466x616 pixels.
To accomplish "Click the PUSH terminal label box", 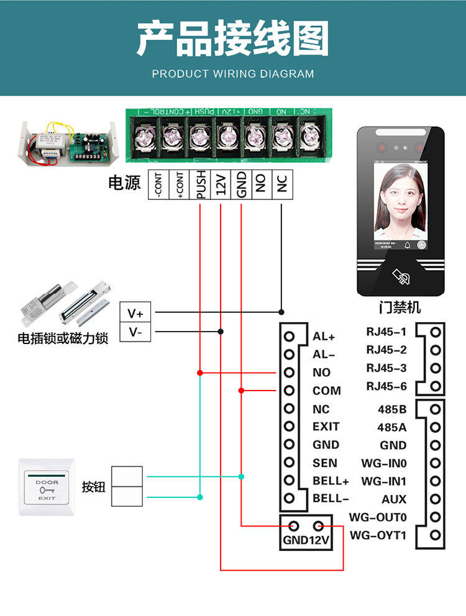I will point(200,184).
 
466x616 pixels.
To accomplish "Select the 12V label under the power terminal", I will point(221,184).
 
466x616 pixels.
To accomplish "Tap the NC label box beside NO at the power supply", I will point(282,184).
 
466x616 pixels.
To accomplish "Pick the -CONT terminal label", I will point(158,184).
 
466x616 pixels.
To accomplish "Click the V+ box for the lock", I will point(135,312).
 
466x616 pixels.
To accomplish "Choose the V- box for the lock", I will point(135,332).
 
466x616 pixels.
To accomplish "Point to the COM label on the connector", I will point(326,391).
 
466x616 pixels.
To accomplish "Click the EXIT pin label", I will point(326,427).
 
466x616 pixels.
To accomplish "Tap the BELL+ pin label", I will point(331,481).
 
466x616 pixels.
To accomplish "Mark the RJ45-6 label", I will point(386,386).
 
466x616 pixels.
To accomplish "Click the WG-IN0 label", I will point(384,463).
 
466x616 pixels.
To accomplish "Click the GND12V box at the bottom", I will point(306,533).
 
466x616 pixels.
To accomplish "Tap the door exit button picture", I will point(47,487).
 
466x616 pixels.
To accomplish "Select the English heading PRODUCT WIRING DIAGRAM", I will point(233,74).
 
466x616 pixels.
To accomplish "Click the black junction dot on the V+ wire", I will point(281,312).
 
